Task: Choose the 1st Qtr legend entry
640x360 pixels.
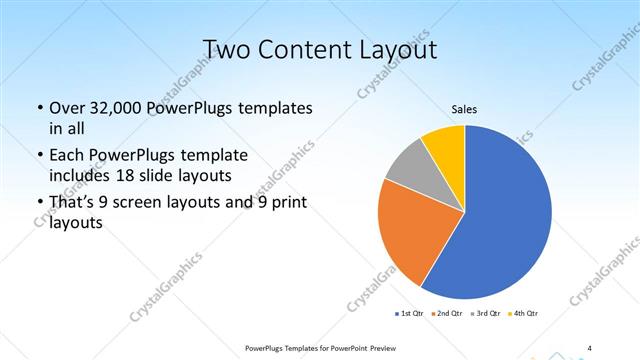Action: tap(410, 314)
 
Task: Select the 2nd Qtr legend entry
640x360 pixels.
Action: tap(448, 314)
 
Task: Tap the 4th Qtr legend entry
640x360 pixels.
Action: tap(525, 314)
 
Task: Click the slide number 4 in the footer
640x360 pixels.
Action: tap(589, 347)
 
